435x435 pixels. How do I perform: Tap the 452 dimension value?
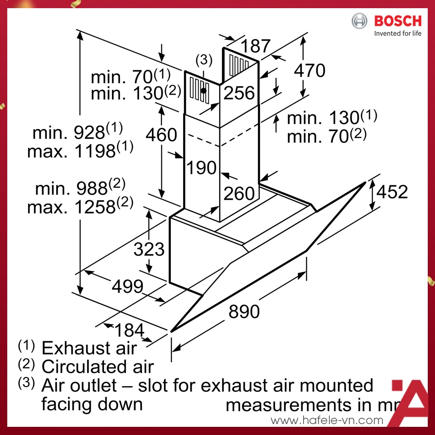[392, 192]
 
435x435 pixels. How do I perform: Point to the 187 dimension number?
[255, 46]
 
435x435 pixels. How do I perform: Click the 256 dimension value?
[239, 93]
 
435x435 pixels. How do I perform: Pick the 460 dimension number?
[161, 135]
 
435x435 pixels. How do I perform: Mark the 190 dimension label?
[202, 168]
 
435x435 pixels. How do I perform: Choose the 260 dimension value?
[239, 193]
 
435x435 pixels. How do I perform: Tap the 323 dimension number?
[149, 249]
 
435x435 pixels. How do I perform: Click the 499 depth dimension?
[127, 286]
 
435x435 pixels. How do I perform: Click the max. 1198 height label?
[80, 150]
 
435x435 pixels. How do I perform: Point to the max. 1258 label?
[80, 207]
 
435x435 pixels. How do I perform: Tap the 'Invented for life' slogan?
[397, 34]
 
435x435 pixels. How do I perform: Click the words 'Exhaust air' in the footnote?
[89, 348]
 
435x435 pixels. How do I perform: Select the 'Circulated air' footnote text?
[97, 366]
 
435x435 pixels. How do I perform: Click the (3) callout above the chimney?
[203, 59]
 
